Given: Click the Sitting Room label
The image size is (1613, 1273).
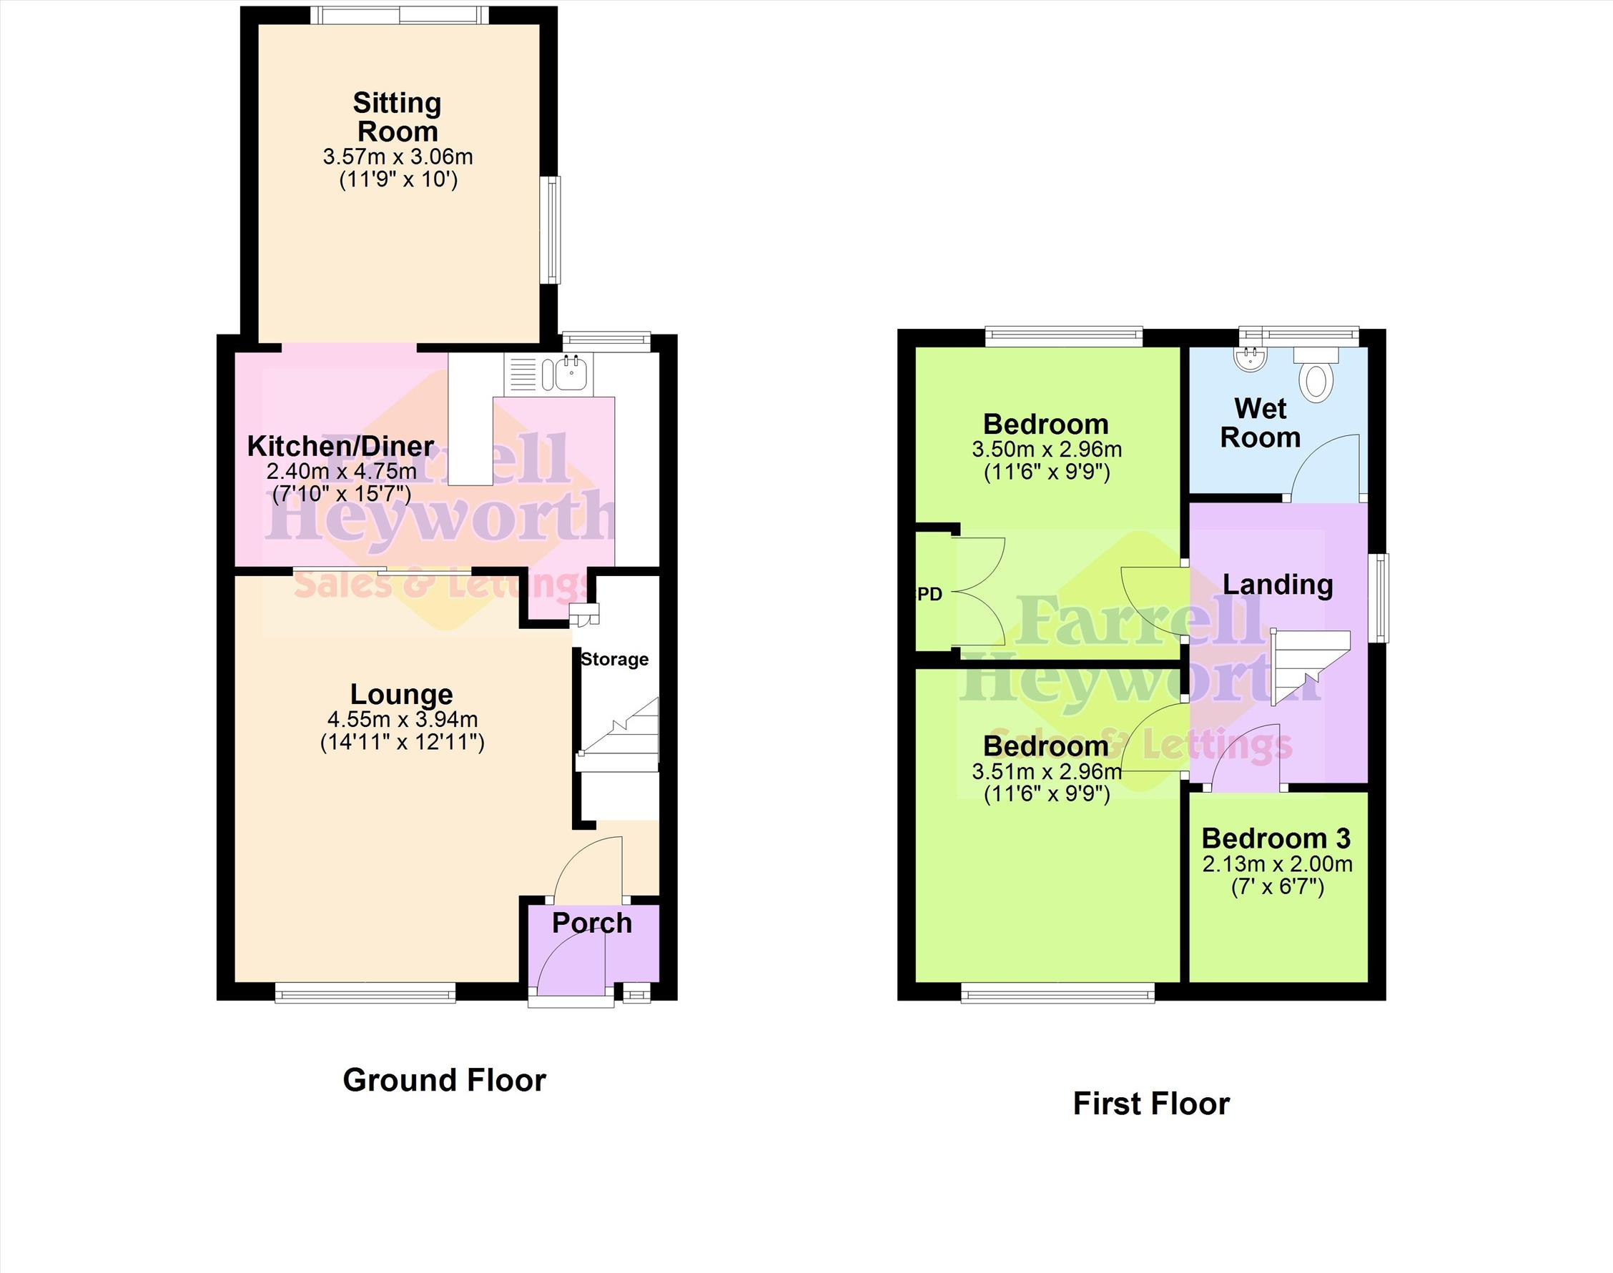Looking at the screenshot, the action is pos(398,117).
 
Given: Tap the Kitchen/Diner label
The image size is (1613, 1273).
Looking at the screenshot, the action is pos(340,447).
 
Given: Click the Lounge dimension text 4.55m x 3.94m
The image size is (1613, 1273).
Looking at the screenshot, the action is pos(403,719).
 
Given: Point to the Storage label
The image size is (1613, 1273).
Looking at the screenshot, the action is pos(614,659).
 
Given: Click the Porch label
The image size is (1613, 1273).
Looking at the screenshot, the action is pos(592,923).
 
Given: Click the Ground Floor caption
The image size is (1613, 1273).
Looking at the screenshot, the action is pos(444,1080).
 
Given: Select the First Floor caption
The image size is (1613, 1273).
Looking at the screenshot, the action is pos(1151,1104).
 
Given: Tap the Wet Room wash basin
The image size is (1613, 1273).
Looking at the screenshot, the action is pos(1251,360).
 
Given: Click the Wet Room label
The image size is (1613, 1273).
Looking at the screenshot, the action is pos(1261,422).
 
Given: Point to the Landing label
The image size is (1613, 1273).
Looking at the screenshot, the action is pos(1278,585).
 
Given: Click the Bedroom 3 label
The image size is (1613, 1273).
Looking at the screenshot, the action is pos(1276,838).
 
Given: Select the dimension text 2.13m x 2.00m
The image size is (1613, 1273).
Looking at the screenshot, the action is pos(1277,865).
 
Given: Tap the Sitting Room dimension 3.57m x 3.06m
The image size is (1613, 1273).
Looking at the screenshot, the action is pos(398,157).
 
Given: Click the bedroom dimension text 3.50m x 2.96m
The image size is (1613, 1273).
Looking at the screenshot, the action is pos(1047,450).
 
